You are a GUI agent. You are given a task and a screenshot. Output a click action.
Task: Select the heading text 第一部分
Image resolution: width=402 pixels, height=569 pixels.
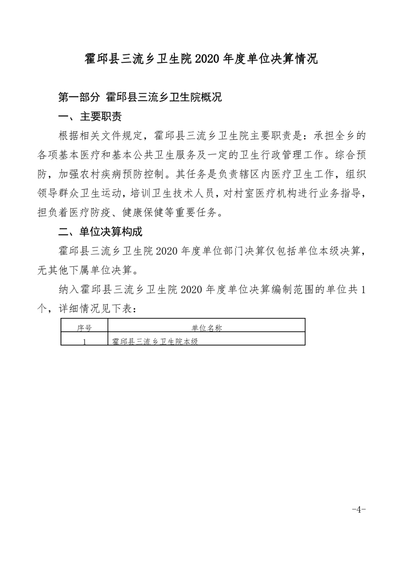pos(80,97)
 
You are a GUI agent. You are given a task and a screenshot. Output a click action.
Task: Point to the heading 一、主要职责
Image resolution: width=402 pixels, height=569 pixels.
pos(90,117)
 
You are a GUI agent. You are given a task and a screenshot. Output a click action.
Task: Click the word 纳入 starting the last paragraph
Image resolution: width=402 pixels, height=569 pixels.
pos(67,290)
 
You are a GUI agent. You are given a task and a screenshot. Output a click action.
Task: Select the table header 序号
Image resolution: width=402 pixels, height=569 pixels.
pos(84,328)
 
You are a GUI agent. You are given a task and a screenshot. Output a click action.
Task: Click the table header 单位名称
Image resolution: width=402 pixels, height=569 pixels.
pos(206,328)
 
